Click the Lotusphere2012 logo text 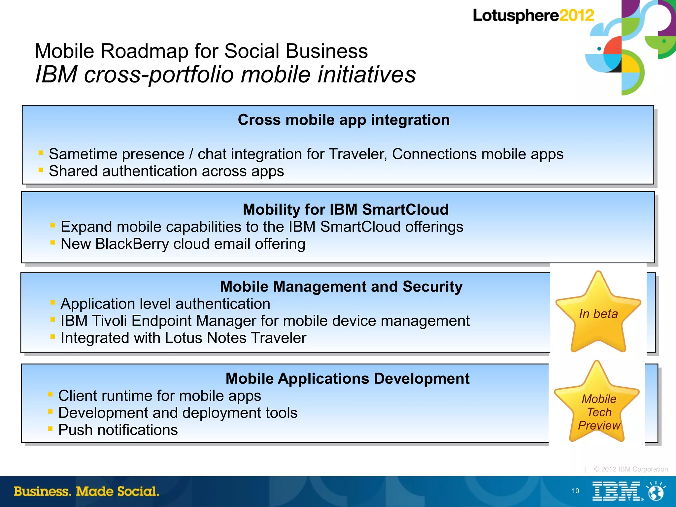click(x=533, y=16)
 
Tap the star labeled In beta click(x=598, y=313)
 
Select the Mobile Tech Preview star click(x=598, y=409)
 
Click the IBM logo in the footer click(x=617, y=491)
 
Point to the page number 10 click(x=575, y=491)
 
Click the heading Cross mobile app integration click(x=343, y=120)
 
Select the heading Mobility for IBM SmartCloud click(x=345, y=209)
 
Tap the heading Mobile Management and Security click(x=341, y=286)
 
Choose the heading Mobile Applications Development click(x=347, y=378)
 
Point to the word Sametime click(x=84, y=154)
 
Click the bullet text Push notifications click(x=118, y=430)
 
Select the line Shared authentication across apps click(x=166, y=171)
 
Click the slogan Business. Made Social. click(x=86, y=491)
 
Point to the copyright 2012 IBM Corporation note click(x=630, y=469)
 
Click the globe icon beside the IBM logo click(x=656, y=491)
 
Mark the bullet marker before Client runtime click(x=50, y=394)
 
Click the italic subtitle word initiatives click(x=366, y=75)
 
